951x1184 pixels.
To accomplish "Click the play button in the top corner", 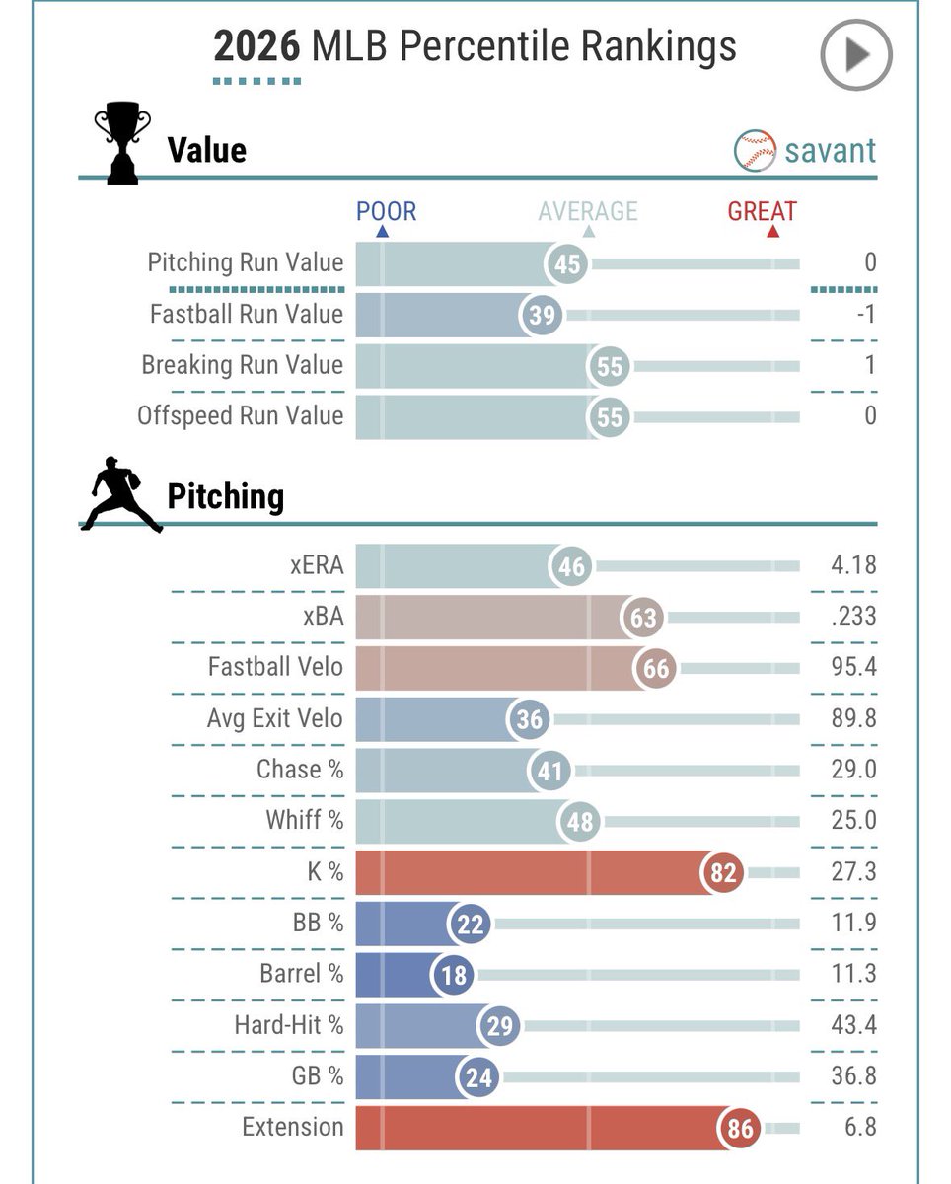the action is click(856, 54).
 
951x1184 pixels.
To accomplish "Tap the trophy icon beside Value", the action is click(122, 142).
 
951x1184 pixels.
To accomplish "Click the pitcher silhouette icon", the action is click(121, 493).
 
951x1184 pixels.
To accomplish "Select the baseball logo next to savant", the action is click(755, 150).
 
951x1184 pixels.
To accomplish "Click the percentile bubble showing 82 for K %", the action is click(722, 872).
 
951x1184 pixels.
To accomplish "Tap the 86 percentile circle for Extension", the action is click(739, 1128).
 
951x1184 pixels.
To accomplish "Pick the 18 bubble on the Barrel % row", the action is click(453, 975).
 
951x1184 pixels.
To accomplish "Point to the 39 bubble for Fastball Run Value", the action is click(542, 315).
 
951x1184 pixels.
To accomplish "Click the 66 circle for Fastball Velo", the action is click(654, 668).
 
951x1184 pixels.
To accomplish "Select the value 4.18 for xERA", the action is click(853, 565).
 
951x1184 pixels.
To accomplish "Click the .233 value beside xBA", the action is click(853, 616).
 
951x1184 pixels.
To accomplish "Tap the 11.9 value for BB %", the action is click(853, 923).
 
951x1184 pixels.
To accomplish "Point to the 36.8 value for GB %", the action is click(853, 1075).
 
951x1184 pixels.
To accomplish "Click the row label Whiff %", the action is click(305, 820).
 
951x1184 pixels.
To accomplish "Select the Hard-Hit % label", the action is click(289, 1024).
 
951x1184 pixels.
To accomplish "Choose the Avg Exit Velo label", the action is click(275, 718).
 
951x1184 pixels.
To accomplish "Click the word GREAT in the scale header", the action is click(762, 211).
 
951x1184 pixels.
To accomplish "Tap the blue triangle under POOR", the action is click(382, 232).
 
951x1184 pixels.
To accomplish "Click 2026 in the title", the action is click(256, 45).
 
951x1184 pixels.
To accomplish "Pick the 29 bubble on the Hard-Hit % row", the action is click(499, 1025).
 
